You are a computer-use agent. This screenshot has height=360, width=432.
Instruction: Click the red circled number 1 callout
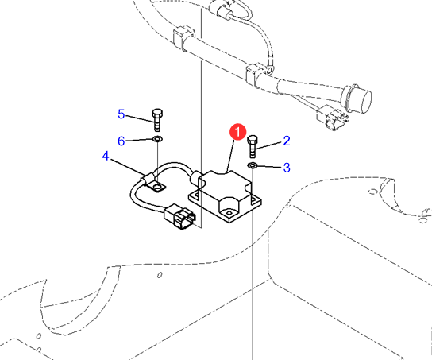[237, 132]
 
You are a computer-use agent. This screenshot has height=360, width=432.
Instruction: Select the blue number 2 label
[287, 141]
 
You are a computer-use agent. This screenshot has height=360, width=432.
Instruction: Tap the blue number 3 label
[287, 168]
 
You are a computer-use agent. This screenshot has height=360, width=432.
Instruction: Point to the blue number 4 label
[106, 156]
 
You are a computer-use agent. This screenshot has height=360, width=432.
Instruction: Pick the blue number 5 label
[121, 114]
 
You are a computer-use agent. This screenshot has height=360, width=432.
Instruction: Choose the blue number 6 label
[121, 141]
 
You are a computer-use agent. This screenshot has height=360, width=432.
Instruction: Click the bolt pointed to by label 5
[157, 120]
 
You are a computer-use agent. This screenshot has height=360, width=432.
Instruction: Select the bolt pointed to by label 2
[253, 146]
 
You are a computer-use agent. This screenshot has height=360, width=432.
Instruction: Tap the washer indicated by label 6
[157, 138]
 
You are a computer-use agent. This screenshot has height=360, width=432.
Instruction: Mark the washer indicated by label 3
[253, 165]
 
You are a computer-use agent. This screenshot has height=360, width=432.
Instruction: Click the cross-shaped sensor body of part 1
[225, 196]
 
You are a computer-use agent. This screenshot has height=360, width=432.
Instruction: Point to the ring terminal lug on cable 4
[156, 186]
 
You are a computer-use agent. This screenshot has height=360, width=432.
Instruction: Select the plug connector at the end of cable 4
[180, 216]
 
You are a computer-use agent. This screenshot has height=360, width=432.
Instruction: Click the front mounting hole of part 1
[229, 213]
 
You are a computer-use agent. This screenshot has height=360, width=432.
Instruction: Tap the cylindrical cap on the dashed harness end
[357, 99]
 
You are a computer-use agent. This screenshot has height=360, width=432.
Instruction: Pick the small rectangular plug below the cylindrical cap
[332, 117]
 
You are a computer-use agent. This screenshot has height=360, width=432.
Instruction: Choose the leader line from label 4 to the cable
[127, 167]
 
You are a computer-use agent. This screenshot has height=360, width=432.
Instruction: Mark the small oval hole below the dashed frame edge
[160, 275]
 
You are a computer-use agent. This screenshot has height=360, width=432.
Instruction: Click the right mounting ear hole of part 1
[253, 198]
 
